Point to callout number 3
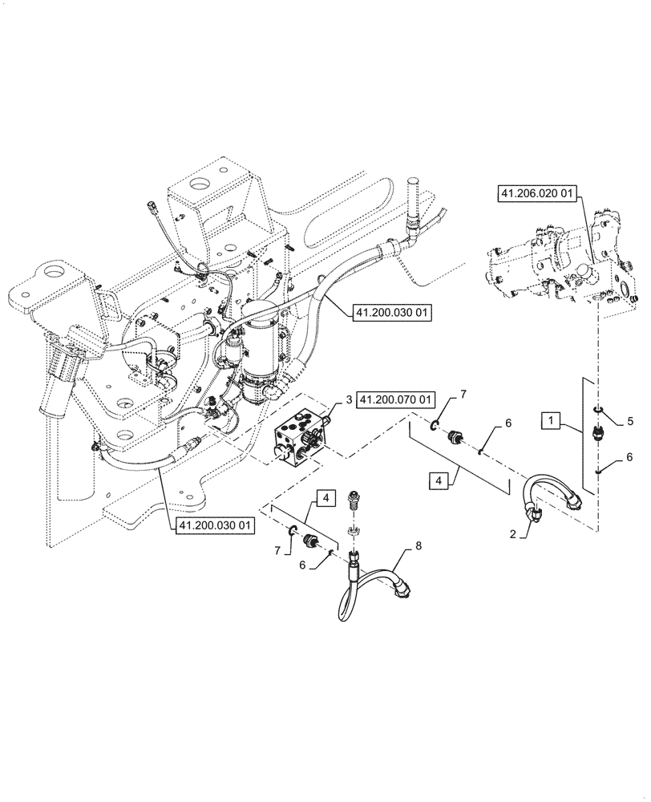(350, 399)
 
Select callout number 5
(630, 420)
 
